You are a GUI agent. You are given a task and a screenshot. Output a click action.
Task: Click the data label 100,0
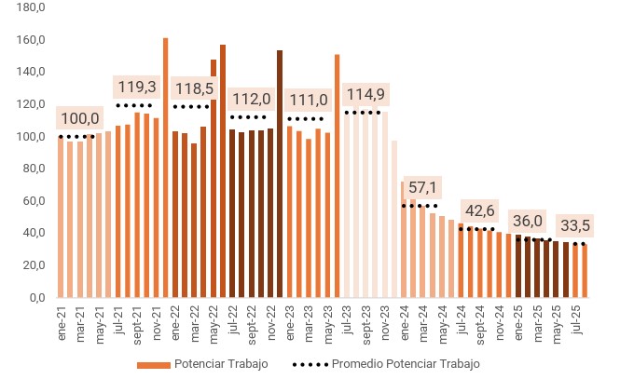coord(79,118)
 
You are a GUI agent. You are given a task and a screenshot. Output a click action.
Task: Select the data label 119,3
coord(136,87)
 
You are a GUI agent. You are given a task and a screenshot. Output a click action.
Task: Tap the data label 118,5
coord(193,88)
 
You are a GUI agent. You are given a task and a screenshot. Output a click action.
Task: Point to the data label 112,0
coord(251,99)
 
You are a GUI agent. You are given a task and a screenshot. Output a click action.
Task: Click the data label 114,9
coord(365,94)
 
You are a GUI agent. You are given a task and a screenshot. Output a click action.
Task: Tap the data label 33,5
coord(575,225)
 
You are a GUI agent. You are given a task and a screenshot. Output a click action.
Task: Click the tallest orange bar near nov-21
coord(165,168)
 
